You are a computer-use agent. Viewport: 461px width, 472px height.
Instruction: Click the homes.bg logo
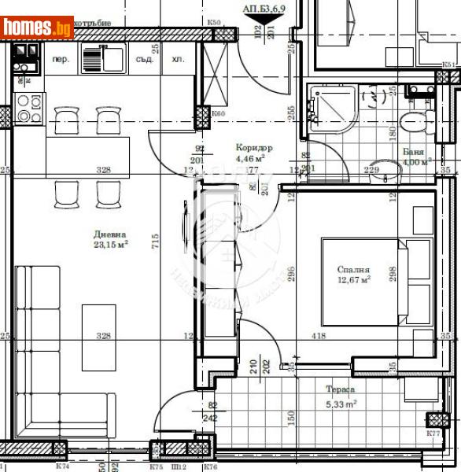tap(38, 28)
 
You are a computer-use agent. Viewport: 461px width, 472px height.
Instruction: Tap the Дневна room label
tap(111, 234)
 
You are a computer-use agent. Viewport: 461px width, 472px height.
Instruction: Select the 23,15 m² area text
tap(111, 245)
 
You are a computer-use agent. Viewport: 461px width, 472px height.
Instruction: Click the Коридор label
tap(254, 148)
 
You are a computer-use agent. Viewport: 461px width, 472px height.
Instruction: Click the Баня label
tap(413, 152)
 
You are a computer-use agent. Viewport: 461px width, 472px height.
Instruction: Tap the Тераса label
tap(341, 389)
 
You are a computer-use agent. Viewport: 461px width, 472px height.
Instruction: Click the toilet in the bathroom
tap(413, 121)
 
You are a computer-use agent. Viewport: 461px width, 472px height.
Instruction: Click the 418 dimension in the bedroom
tap(318, 336)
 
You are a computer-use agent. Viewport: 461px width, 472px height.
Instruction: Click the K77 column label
tap(433, 433)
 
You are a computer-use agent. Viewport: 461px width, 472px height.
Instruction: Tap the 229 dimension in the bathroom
tap(372, 169)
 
